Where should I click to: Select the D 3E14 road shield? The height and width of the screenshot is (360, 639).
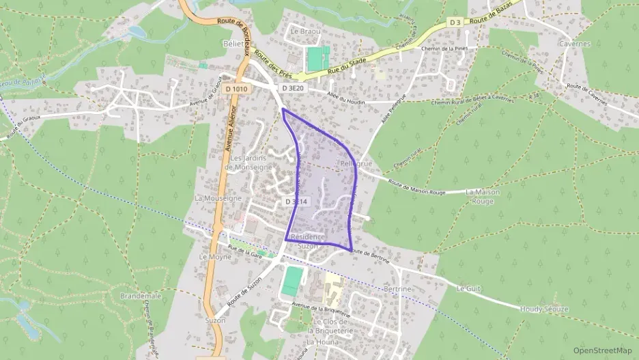[x=297, y=202]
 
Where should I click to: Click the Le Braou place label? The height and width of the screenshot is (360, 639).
[x=304, y=31]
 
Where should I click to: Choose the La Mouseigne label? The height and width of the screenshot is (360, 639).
[x=218, y=198]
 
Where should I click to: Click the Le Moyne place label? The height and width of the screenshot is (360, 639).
[x=212, y=256]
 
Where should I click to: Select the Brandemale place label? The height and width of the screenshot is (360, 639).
[x=141, y=296]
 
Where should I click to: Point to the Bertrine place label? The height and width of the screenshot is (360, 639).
[x=398, y=289]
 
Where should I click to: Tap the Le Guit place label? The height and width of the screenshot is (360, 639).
[x=468, y=288]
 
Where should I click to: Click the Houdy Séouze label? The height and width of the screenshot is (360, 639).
[x=544, y=309]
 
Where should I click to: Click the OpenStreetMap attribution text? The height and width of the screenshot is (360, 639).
[x=602, y=350]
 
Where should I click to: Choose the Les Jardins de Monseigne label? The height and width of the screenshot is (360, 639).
[x=251, y=163]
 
